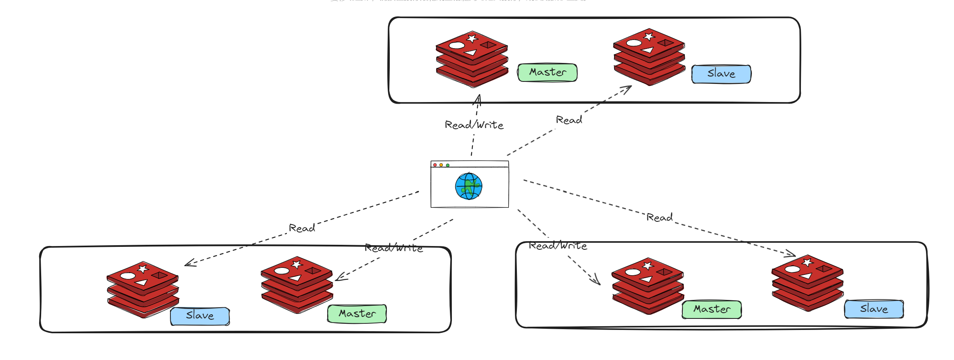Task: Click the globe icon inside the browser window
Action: (468, 186)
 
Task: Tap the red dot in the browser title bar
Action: (435, 165)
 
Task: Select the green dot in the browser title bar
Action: (448, 165)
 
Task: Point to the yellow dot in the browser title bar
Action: (441, 165)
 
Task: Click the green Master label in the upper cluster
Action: (547, 72)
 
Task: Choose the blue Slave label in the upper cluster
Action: (721, 74)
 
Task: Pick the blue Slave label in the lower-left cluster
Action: (200, 316)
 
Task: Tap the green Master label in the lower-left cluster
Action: (357, 314)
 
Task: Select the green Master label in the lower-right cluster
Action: (712, 309)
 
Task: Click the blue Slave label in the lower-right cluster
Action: (874, 309)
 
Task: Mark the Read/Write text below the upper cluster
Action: (474, 125)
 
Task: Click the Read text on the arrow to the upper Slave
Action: (569, 120)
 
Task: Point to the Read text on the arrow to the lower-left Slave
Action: (302, 228)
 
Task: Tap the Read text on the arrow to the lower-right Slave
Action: (659, 217)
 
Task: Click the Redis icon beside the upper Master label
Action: (472, 59)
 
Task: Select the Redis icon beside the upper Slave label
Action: (649, 57)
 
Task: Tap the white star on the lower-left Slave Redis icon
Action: (143, 269)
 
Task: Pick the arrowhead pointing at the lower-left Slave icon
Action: (188, 263)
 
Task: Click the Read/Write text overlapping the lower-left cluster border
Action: (394, 248)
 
